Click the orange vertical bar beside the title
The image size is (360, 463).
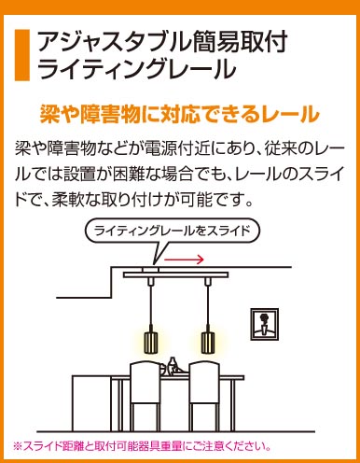point(22,55)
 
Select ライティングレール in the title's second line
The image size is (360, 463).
point(136,68)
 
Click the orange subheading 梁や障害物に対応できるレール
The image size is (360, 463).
point(179,114)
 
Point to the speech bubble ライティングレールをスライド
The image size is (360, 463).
point(173,231)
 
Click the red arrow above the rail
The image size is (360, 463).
point(184,259)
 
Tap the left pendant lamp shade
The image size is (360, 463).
point(151,343)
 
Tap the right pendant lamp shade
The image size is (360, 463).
point(208,343)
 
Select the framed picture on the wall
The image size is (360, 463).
point(265,324)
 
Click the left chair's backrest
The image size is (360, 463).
point(145,383)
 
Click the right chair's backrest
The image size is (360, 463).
point(204,383)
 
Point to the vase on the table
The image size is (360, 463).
point(172,366)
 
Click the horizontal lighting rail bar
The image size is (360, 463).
point(176,274)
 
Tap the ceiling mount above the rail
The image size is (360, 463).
point(150,270)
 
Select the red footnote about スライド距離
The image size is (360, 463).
point(142,446)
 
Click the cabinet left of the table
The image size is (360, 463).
point(91,403)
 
